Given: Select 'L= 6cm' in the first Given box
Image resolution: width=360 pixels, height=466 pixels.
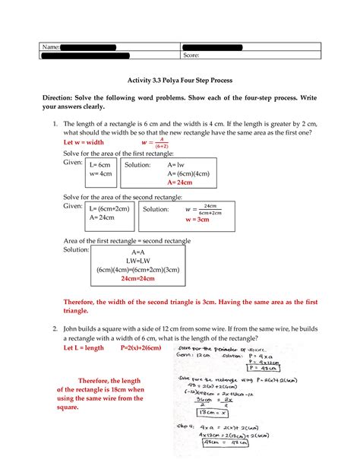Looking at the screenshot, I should (x=100, y=163).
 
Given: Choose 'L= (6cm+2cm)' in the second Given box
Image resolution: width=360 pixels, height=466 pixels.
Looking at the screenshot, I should (x=110, y=208).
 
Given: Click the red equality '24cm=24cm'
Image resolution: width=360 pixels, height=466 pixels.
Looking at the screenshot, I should (x=138, y=278).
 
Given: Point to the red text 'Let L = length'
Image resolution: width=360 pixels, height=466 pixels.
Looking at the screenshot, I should (x=84, y=347).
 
